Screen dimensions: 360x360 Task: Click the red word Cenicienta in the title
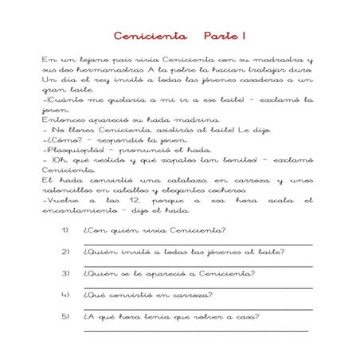pos(150,37)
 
